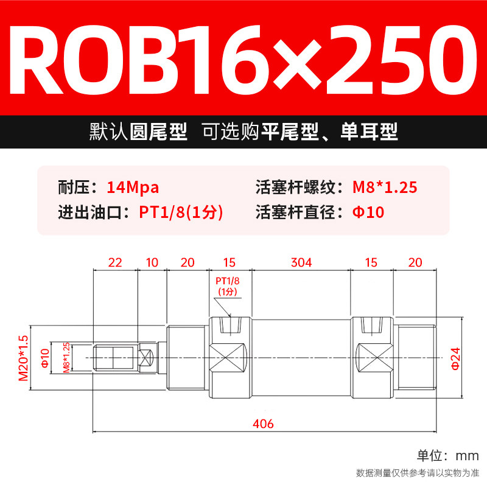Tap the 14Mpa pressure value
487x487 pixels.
tap(133, 187)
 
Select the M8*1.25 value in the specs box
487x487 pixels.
tap(385, 187)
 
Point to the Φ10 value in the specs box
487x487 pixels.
tap(369, 213)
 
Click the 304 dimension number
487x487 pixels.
tap(301, 262)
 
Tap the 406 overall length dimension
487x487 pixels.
tap(264, 424)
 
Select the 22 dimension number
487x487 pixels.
tap(115, 262)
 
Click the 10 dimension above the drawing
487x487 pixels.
tap(152, 262)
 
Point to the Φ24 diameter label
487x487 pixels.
tap(455, 357)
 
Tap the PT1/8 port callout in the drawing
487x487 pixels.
tap(229, 286)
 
